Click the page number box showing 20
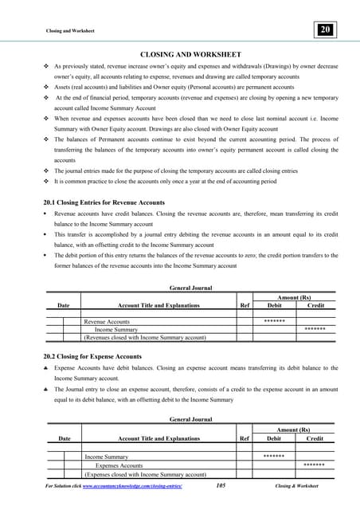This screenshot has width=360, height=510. [x=325, y=30]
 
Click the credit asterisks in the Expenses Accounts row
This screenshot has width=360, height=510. [x=314, y=465]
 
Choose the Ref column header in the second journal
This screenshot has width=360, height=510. [x=243, y=438]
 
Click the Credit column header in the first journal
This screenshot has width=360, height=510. [x=315, y=304]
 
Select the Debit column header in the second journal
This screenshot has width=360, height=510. [x=273, y=438]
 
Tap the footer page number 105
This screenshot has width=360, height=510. [x=225, y=485]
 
